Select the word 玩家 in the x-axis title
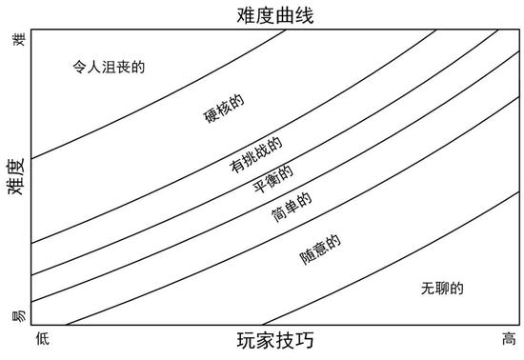[254, 340]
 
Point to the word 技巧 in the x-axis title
[294, 340]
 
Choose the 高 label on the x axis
[509, 338]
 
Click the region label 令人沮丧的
[113, 68]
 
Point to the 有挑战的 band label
[255, 153]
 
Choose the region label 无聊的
[440, 289]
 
